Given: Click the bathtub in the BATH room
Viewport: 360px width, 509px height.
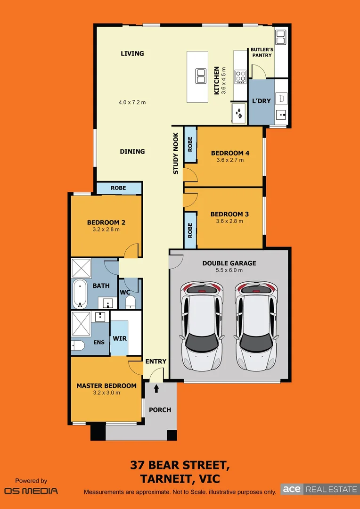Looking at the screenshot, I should click(x=79, y=292).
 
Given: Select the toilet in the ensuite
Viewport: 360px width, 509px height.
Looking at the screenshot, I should click(x=78, y=346).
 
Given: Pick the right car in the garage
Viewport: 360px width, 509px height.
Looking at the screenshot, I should click(x=255, y=325).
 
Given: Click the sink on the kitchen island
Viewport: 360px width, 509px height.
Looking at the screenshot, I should click(x=201, y=75).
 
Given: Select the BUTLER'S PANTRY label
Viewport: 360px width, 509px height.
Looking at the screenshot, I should click(x=262, y=52).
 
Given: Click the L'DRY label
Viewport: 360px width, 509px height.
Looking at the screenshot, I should click(x=261, y=101).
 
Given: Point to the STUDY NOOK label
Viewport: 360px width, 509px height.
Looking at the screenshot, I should click(x=176, y=153).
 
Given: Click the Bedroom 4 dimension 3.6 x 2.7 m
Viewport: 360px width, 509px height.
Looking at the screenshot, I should click(x=230, y=160).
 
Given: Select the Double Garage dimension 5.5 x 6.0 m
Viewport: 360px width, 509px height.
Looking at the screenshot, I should click(x=229, y=270).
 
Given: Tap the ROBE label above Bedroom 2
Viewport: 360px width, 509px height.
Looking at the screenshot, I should click(x=118, y=188).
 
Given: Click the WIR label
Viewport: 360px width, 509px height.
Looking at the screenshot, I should click(x=119, y=338).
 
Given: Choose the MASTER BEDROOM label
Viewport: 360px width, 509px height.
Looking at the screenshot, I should click(x=106, y=386).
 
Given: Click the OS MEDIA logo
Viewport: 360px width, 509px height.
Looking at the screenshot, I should click(x=31, y=491).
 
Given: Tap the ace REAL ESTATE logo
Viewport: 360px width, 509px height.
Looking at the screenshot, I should click(x=319, y=489).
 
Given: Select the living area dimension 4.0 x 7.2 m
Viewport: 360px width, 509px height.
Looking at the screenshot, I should click(x=132, y=102).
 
